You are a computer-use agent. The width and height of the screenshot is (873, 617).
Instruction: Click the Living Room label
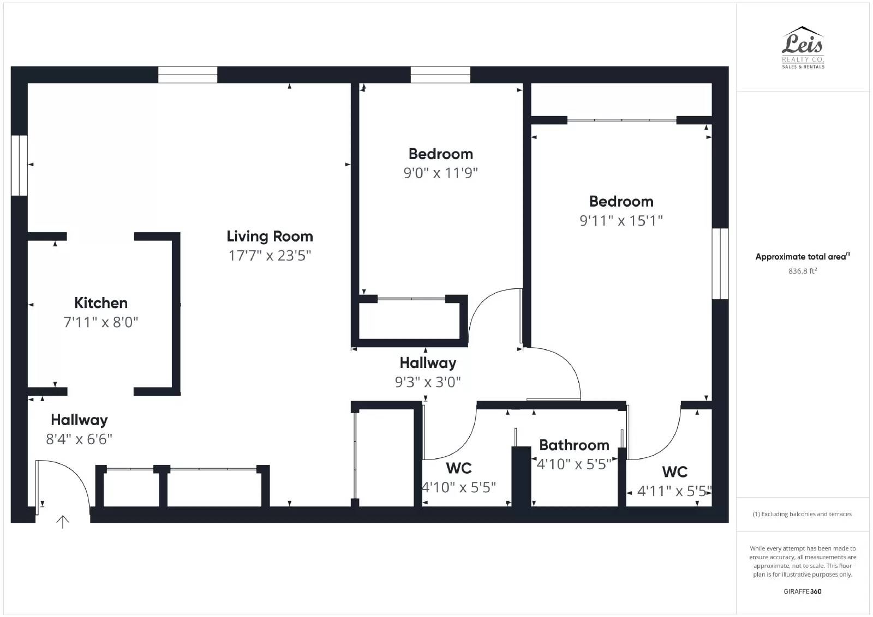point(270,237)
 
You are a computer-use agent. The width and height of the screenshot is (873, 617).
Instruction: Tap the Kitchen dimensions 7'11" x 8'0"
point(101,322)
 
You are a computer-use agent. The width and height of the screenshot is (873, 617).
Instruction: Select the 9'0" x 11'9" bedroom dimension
point(440,173)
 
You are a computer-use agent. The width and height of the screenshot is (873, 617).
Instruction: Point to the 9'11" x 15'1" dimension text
point(621,221)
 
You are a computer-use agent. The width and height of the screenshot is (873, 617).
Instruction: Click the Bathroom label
point(574,445)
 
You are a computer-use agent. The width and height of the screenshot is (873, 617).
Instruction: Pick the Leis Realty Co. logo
point(803,48)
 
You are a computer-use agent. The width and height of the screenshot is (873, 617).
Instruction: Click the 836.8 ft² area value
point(802,271)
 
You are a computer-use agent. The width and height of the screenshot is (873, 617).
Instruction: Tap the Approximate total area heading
point(802,257)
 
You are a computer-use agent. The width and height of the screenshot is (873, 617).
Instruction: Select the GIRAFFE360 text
point(802,591)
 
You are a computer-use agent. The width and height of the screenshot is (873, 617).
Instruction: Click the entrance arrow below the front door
point(63,522)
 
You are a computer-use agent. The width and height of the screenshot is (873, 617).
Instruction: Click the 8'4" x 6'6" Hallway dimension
point(79,439)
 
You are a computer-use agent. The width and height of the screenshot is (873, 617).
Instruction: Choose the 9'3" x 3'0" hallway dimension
point(428,382)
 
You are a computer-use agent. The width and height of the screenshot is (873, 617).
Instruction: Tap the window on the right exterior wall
point(720,264)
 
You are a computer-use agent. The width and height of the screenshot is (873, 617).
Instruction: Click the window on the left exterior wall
point(19,165)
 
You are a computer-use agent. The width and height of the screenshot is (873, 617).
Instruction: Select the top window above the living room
point(188,75)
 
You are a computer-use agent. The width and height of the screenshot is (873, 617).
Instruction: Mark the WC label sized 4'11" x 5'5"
point(674,472)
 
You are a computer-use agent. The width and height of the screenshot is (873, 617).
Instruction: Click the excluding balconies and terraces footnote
point(802,514)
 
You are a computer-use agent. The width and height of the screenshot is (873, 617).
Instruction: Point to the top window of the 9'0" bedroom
point(440,75)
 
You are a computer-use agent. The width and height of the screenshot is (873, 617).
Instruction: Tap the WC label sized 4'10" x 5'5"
point(458,468)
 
